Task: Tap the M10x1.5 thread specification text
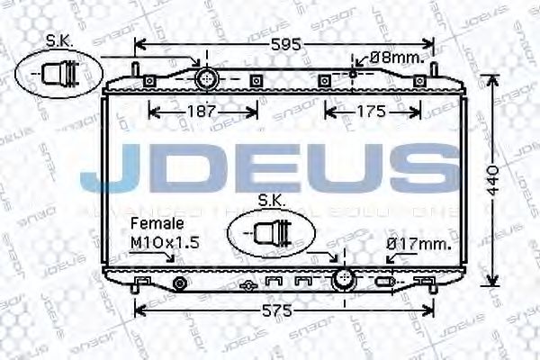(165, 242)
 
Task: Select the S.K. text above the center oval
(272, 199)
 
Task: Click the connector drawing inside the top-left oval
(58, 71)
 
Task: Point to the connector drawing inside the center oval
(272, 232)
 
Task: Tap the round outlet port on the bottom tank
(343, 279)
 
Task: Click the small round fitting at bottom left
(179, 284)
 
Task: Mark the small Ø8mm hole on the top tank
(353, 73)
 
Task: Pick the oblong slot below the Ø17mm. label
(385, 283)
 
